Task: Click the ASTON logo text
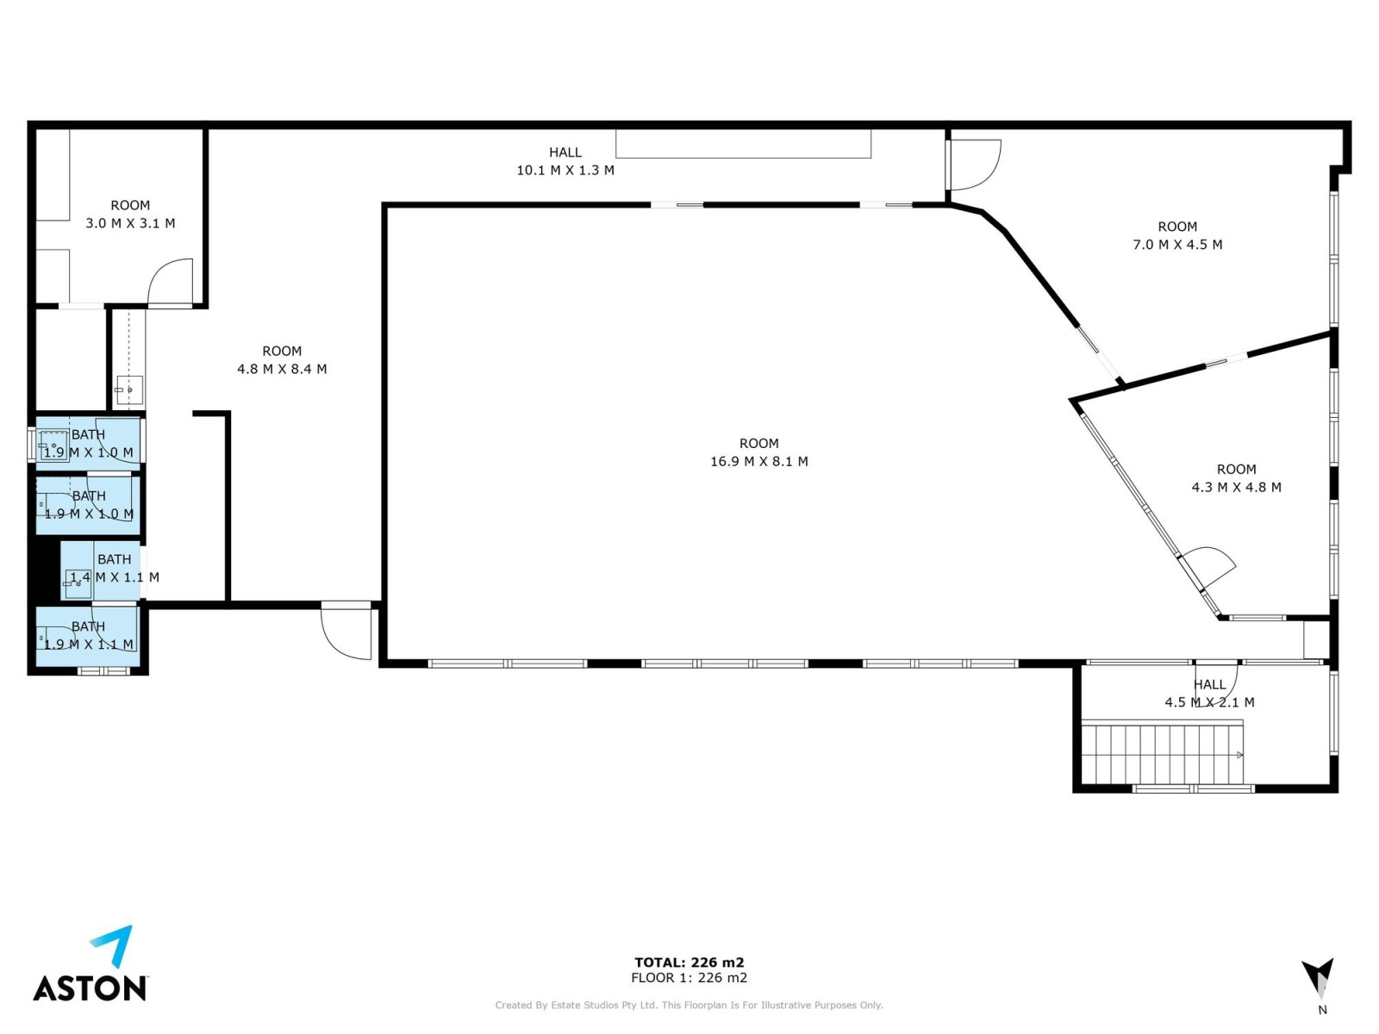90,987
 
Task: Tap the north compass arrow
1318,977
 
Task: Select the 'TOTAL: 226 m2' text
689,962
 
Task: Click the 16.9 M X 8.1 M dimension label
759,462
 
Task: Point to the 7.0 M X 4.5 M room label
1177,245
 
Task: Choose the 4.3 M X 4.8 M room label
1237,487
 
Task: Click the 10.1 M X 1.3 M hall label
565,170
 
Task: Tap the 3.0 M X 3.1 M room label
131,223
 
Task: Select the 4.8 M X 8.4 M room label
282,369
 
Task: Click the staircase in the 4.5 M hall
1162,752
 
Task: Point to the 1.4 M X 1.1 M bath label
115,577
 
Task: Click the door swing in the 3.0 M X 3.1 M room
171,283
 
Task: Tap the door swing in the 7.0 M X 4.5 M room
973,165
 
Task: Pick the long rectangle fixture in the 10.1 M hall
743,144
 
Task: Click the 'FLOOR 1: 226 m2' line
689,977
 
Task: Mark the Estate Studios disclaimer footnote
689,1005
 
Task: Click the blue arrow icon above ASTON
113,945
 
